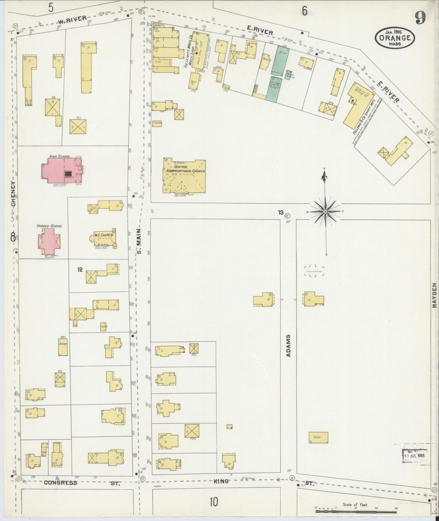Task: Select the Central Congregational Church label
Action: tap(185, 169)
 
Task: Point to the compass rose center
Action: tap(325, 211)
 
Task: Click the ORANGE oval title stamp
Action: tap(395, 38)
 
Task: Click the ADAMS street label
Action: tap(288, 345)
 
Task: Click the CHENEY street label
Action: tap(13, 194)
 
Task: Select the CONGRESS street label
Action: tap(60, 482)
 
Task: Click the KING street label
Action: tap(221, 481)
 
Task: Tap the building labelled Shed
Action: tap(318, 437)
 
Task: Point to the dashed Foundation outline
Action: tap(314, 271)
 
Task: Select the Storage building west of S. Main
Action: tap(63, 347)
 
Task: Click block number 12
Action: tap(80, 269)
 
